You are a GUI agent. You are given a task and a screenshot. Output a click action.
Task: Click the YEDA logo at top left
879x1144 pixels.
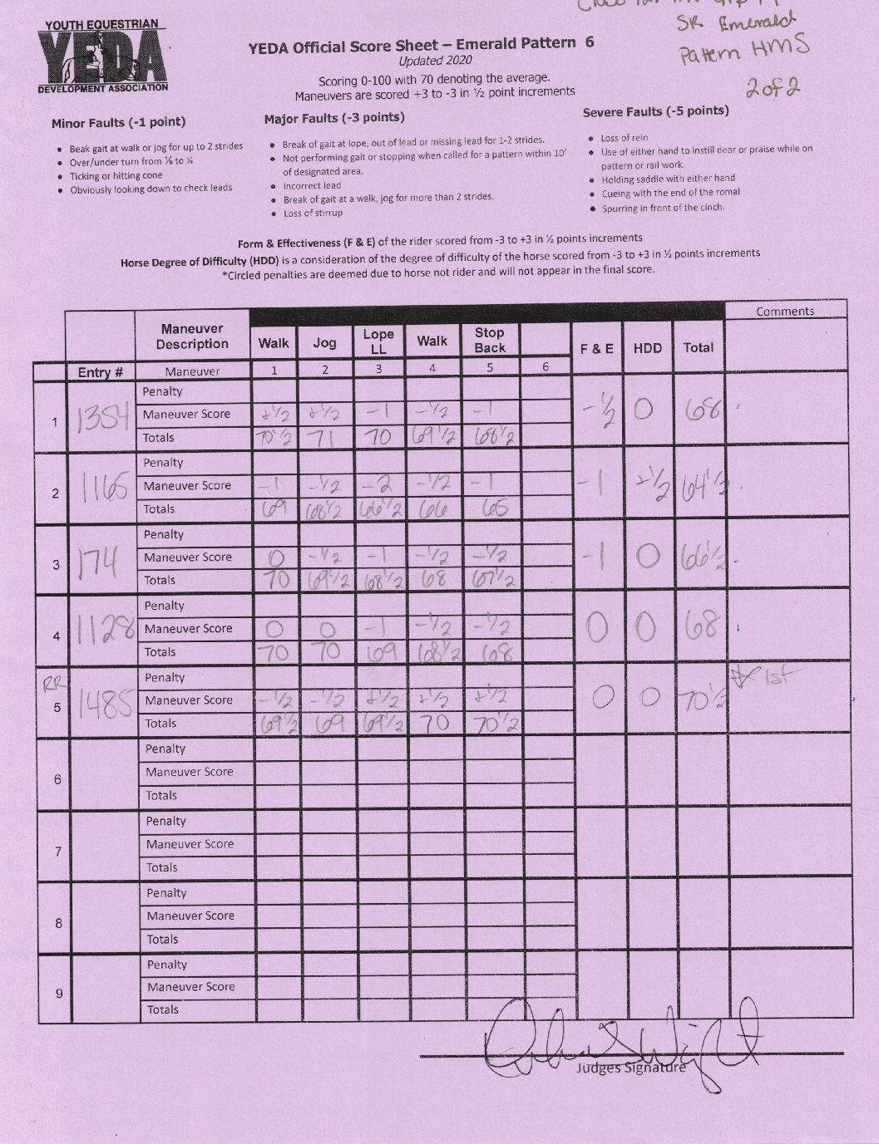[102, 56]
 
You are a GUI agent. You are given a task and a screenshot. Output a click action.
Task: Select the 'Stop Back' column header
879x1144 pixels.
[489, 340]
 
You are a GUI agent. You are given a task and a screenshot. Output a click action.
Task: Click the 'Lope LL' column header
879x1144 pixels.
[378, 341]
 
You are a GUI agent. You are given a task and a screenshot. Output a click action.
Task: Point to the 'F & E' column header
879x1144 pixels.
[596, 349]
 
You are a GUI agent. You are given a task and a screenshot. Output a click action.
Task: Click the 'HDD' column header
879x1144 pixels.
[647, 349]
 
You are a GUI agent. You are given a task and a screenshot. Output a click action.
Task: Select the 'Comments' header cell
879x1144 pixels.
[785, 312]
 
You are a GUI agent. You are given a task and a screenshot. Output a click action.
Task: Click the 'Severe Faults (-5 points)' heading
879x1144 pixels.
[655, 111]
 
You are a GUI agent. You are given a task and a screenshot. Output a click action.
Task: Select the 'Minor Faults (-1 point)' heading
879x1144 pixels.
[118, 122]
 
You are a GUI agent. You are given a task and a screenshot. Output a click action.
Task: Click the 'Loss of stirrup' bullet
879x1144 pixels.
[313, 214]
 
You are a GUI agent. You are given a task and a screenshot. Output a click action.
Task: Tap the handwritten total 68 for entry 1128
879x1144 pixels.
[699, 627]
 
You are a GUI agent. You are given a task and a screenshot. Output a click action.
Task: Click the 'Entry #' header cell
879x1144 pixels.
[101, 372]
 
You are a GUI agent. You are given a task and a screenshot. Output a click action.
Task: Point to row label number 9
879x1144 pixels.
[57, 994]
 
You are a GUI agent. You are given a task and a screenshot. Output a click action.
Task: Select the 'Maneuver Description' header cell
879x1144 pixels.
[192, 336]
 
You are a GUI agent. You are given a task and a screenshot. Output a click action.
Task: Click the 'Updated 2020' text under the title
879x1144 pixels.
[435, 61]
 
